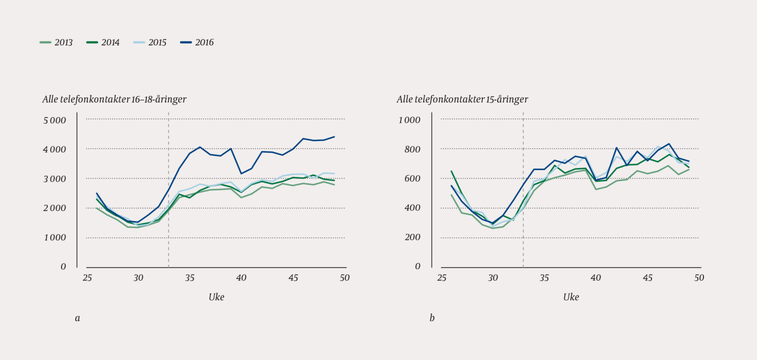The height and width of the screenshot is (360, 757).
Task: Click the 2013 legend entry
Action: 57,43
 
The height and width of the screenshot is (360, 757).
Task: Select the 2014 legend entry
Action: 103,43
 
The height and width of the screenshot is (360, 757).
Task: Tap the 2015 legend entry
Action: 150,43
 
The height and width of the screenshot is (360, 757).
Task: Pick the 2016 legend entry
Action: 197,43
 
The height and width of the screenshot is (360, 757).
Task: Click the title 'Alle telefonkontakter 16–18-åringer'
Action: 115,99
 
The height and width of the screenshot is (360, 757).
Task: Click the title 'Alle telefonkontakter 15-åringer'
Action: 462,99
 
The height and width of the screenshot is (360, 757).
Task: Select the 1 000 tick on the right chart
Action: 409,120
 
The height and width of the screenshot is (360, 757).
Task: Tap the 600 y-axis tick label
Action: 413,179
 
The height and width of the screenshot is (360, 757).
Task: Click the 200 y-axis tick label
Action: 413,237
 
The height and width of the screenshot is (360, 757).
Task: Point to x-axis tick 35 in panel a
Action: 190,278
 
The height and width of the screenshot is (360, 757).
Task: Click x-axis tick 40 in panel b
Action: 596,278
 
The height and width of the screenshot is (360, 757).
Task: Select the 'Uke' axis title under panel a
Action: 216,297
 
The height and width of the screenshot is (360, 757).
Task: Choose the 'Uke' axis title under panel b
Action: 571,297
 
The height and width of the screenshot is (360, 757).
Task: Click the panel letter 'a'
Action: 77,318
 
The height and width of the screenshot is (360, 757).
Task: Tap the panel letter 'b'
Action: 432,318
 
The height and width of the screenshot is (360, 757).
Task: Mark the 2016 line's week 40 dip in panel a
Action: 242,174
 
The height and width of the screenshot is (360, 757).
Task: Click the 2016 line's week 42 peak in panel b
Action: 617,148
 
